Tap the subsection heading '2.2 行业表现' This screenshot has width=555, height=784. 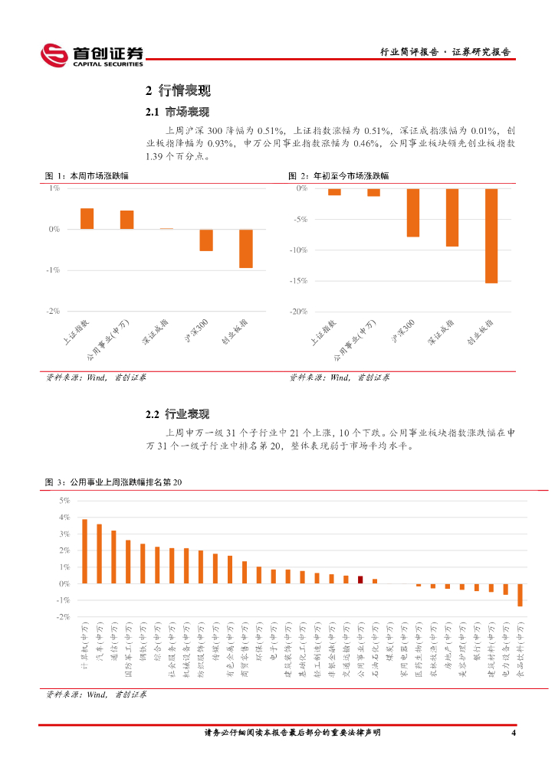pyautogui.click(x=177, y=414)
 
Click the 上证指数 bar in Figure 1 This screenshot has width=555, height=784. pyautogui.click(x=87, y=218)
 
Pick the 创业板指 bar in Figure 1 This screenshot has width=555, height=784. pyautogui.click(x=245, y=248)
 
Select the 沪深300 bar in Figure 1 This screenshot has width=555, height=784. pyautogui.click(x=206, y=240)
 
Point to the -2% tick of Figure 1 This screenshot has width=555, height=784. pyautogui.click(x=54, y=312)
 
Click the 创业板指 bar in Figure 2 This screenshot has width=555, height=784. pyautogui.click(x=491, y=236)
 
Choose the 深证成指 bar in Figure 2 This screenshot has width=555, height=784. pyautogui.click(x=452, y=217)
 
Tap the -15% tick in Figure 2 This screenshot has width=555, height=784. pyautogui.click(x=300, y=281)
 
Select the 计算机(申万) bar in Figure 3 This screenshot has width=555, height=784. pyautogui.click(x=84, y=551)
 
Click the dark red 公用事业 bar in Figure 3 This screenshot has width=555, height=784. pyautogui.click(x=360, y=580)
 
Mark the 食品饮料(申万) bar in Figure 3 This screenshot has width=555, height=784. pyautogui.click(x=520, y=595)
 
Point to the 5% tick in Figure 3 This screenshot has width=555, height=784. pyautogui.click(x=64, y=501)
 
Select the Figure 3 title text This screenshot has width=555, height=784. pyautogui.click(x=115, y=482)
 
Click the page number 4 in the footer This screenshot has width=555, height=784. pyautogui.click(x=514, y=733)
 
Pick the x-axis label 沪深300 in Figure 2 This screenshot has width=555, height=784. pyautogui.click(x=404, y=332)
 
